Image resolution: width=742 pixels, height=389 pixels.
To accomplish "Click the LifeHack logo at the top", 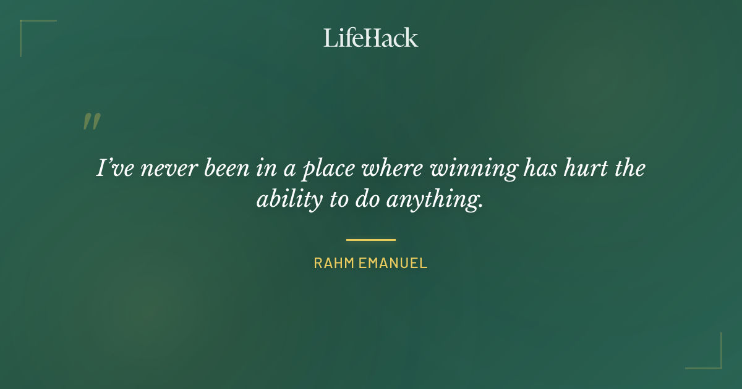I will point(370,38).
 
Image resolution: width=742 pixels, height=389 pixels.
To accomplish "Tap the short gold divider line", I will point(370,240).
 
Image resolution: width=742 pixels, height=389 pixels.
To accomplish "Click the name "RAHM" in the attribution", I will point(333,263).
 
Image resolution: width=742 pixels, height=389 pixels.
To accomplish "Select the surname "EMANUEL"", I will point(393,263).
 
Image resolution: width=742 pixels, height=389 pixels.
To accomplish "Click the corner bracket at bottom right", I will point(711,359).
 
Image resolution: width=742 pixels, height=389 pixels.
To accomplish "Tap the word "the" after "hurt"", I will point(629,169).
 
